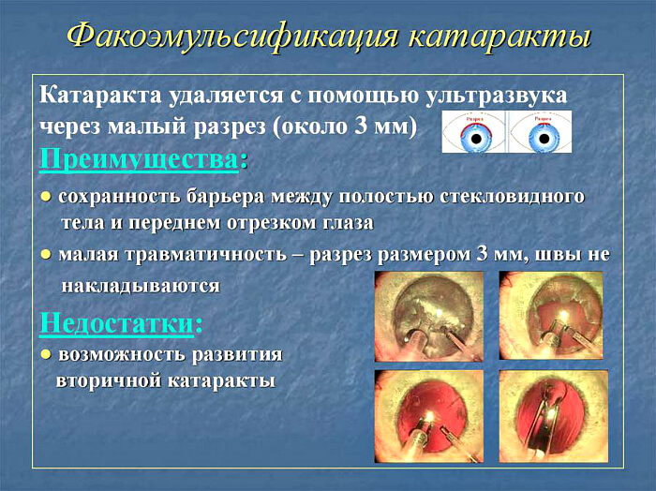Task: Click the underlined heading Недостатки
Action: click(116, 323)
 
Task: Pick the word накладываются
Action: click(141, 285)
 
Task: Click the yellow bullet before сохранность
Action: click(45, 199)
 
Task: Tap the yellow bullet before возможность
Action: click(45, 356)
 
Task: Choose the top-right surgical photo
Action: click(551, 316)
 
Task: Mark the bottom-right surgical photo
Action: click(551, 416)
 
